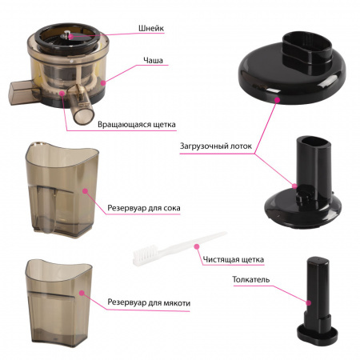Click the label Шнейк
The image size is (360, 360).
[151, 28]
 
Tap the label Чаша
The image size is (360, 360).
[153, 61]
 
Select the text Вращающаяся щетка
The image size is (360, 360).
[137, 125]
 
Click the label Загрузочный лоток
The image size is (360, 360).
[216, 146]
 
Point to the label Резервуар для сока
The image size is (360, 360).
[144, 208]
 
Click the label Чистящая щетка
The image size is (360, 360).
[234, 259]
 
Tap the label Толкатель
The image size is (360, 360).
[251, 279]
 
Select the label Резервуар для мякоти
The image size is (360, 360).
[149, 302]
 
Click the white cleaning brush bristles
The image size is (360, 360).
[142, 254]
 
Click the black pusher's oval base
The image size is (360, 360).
[317, 334]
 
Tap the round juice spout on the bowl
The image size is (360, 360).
[83, 115]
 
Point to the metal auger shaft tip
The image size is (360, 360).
[67, 34]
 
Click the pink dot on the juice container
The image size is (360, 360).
[85, 191]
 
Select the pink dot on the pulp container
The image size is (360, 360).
[82, 293]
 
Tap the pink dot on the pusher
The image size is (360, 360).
[309, 303]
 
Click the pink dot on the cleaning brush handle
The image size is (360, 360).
[197, 246]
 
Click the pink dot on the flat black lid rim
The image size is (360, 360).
[278, 100]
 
